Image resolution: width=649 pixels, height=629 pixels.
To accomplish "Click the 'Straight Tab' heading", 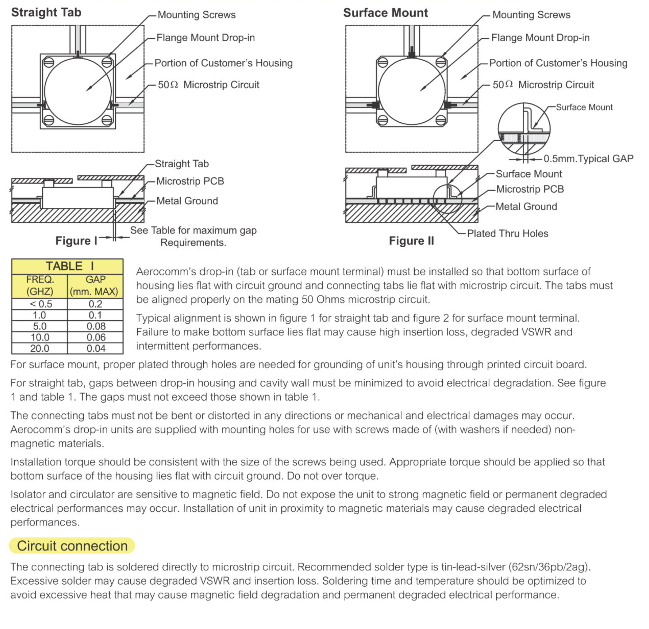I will coord(46,13).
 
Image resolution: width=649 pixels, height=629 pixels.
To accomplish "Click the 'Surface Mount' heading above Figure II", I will coord(385,13).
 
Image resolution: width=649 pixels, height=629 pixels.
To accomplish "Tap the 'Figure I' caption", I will coord(76,241).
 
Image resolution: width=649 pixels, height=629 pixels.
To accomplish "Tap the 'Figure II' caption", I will coord(411,241).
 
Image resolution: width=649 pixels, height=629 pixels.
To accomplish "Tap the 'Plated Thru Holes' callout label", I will coord(507,233).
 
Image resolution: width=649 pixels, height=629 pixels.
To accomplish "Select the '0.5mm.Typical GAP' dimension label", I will coord(588,159).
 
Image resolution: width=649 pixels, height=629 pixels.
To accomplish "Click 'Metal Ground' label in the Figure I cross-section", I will coord(187,201).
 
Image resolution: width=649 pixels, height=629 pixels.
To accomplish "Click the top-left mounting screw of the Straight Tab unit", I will coord(49,62).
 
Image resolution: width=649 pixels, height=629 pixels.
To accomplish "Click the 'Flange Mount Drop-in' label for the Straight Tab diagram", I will coord(205,38).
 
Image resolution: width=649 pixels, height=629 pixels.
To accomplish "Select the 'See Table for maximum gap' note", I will coord(193,230).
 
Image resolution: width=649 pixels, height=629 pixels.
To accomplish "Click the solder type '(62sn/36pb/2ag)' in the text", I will coord(550,567).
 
